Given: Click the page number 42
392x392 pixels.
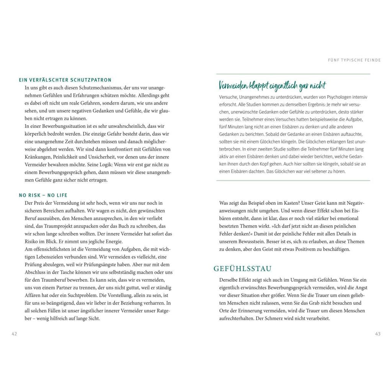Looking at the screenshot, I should (x=14, y=334).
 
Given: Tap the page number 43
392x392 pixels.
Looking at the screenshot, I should (x=378, y=334).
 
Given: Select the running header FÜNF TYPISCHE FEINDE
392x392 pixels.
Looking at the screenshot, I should (x=354, y=60).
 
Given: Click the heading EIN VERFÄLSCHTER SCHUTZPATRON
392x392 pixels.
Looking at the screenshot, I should (x=65, y=80).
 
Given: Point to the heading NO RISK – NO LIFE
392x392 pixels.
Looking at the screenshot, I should (x=43, y=195).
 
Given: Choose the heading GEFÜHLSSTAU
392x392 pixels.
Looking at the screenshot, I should (x=242, y=269).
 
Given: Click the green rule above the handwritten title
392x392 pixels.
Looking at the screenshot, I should (x=293, y=74).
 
